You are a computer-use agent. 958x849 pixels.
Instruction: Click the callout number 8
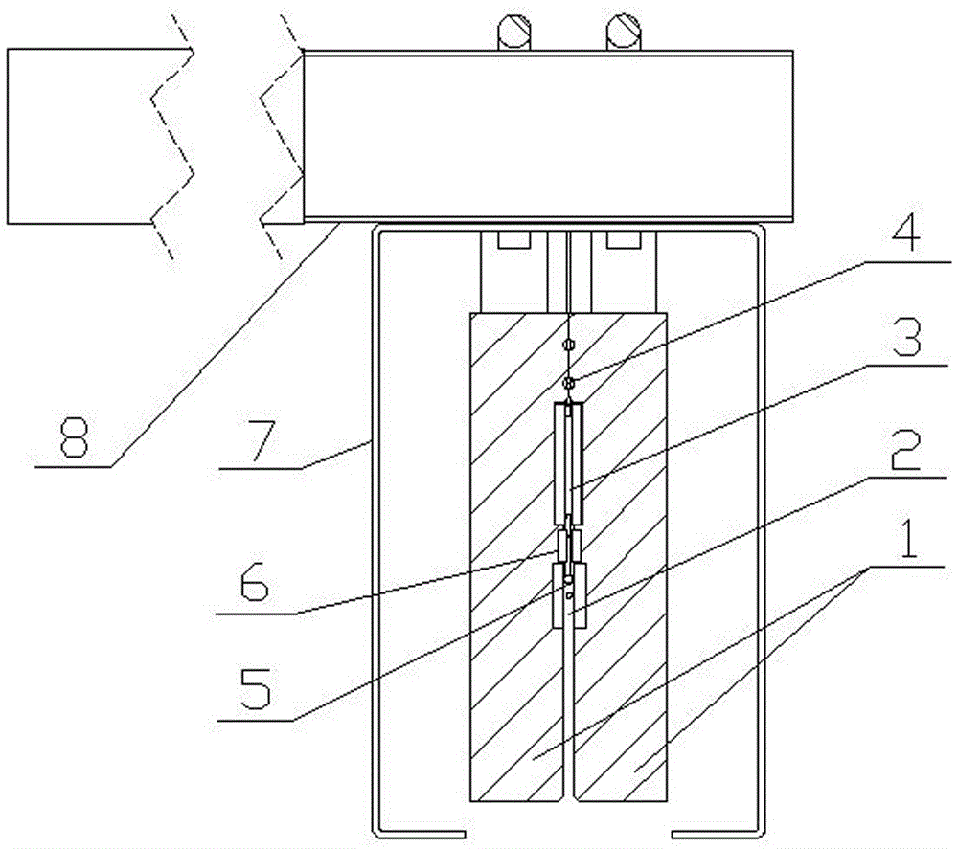click(x=75, y=437)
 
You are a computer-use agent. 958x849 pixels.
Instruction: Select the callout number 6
click(x=254, y=580)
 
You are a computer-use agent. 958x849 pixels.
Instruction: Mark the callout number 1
click(x=909, y=538)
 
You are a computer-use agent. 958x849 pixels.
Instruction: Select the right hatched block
click(x=620, y=557)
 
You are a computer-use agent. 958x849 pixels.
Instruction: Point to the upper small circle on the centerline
click(x=568, y=345)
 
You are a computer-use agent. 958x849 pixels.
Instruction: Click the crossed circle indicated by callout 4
click(x=569, y=383)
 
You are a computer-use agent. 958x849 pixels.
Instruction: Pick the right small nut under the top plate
click(x=623, y=240)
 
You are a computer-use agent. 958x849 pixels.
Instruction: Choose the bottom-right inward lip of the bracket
click(x=716, y=834)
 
